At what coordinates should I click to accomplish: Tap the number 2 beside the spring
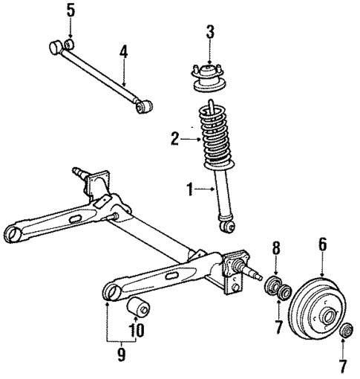coord(175,137)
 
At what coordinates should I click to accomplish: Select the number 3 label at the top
coord(211,32)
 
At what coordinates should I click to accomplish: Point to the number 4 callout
coord(123,52)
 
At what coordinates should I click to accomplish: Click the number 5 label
coord(71,10)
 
